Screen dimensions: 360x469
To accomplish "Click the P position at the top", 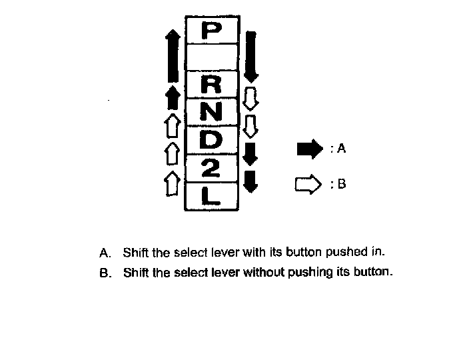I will click(x=211, y=31).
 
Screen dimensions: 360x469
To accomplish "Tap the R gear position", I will click(x=211, y=85).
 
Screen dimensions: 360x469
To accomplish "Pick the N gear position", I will click(x=211, y=112).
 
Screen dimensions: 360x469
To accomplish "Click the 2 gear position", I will click(x=211, y=169).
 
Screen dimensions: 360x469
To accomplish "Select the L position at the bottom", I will click(x=211, y=196).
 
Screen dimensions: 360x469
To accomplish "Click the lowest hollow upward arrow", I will click(x=172, y=181).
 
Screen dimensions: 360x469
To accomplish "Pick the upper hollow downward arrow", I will click(x=251, y=97).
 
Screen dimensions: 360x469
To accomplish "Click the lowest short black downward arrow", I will click(x=250, y=181).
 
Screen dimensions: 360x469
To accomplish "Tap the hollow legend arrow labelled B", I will click(x=308, y=184).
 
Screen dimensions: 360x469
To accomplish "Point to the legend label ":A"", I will click(x=338, y=149).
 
